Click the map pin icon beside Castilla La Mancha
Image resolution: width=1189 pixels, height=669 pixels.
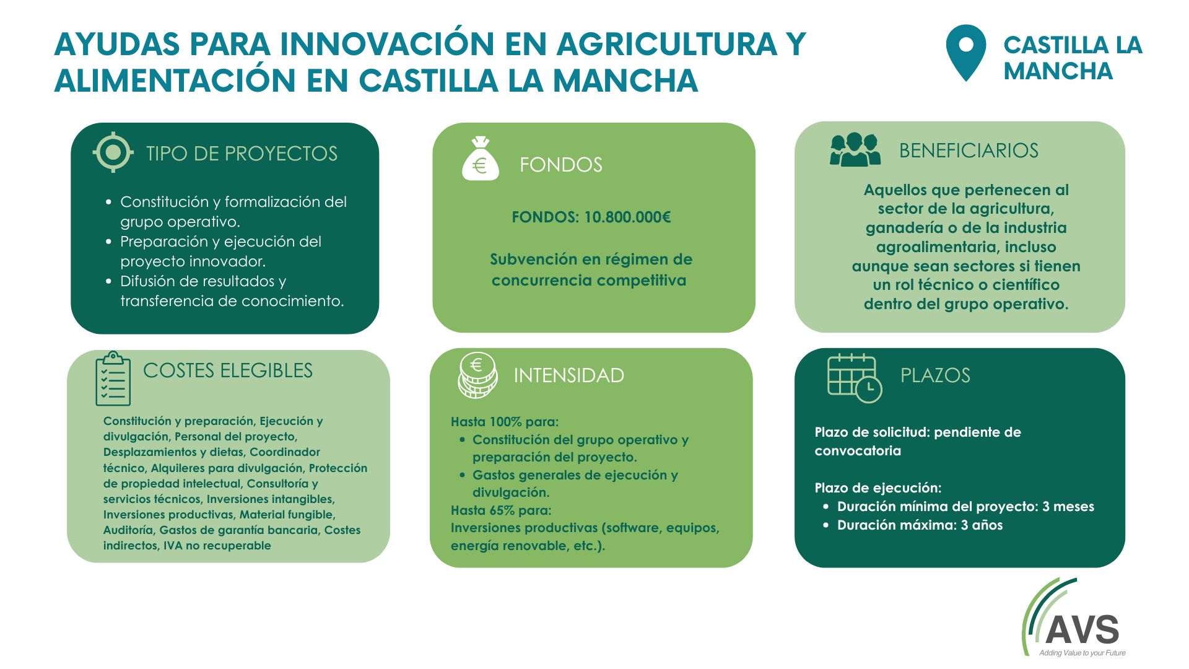965,53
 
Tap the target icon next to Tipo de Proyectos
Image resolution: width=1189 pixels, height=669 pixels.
113,152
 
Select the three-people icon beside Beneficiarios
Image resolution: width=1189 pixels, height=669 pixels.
855,149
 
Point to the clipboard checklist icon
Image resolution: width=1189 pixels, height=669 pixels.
113,378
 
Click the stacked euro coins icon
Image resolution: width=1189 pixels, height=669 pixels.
477,375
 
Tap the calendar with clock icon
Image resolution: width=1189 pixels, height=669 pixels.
855,378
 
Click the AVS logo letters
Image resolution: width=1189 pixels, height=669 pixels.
1082,630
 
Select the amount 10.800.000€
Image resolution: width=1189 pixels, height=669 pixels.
627,217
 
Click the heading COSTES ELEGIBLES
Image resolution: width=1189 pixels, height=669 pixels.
228,370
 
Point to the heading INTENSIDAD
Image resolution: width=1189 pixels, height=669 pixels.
568,375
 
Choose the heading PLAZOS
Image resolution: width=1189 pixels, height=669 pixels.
935,375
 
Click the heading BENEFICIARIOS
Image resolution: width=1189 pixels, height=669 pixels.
969,151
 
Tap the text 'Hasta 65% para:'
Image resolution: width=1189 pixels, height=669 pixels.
501,510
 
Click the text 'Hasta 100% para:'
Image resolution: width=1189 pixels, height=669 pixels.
505,422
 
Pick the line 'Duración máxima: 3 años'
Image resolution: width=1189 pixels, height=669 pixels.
920,525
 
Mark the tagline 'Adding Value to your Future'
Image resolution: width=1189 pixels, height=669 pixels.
1082,653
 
